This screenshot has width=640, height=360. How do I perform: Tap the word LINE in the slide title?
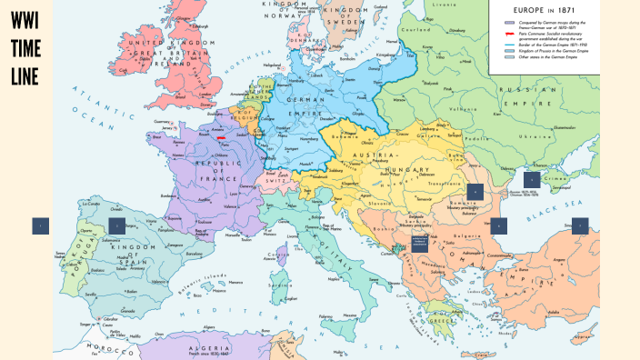[25, 78]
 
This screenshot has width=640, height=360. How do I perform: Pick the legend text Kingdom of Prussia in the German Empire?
[546, 52]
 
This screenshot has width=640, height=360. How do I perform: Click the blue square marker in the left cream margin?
[40, 226]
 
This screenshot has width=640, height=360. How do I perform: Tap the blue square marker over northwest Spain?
[116, 225]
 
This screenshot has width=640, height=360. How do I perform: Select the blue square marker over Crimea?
[532, 180]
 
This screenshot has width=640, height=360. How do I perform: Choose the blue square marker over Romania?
[475, 191]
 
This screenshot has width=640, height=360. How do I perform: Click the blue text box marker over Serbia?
[420, 243]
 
